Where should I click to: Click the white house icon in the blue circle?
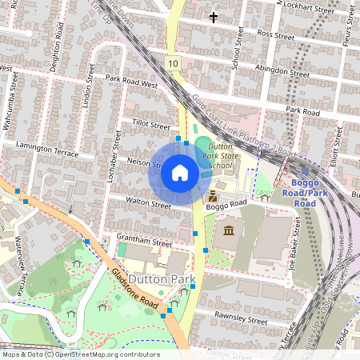tap(180, 172)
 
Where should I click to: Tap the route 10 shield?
tap(174, 62)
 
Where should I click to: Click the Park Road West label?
tap(132, 80)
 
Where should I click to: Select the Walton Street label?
tap(149, 206)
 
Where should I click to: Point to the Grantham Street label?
tap(146, 242)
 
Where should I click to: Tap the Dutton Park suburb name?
tap(158, 278)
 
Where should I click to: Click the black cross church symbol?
tap(213, 16)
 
